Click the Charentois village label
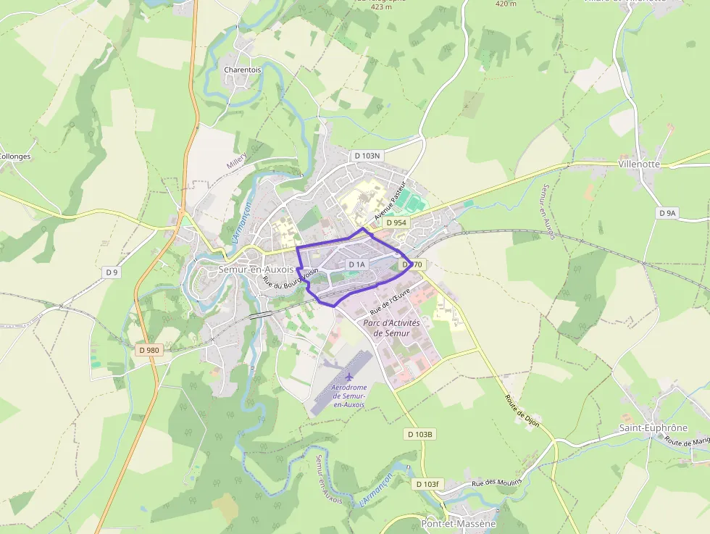coord(242,70)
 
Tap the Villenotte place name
coord(639,164)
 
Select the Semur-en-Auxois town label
coord(256,269)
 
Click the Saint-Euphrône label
coord(653,427)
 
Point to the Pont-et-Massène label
coord(458,523)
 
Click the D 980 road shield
coord(148,350)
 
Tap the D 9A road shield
coord(667,213)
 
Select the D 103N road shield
coord(367,156)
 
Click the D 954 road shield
coord(396,222)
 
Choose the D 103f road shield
coord(427,483)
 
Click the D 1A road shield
coord(357,264)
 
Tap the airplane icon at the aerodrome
coord(349,376)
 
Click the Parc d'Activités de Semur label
coord(386,328)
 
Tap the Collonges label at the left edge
coord(14,156)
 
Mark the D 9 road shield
coord(111,272)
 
